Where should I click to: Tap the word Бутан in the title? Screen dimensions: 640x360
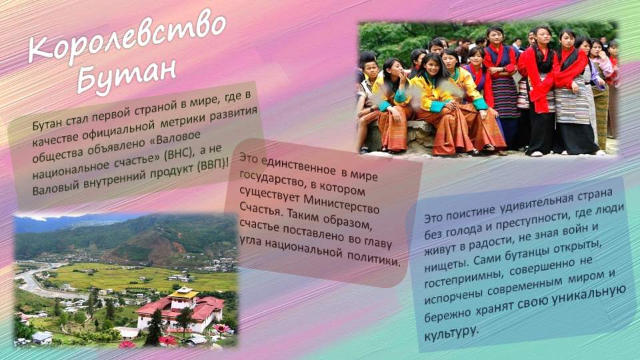[126, 75]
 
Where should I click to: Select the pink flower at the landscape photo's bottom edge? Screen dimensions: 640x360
[221, 328]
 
